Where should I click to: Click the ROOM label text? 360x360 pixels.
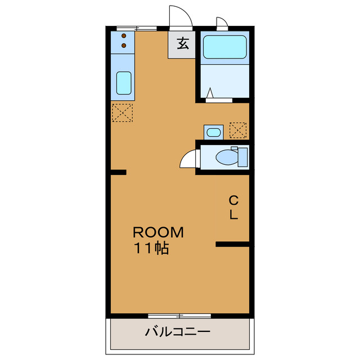coord(158,232)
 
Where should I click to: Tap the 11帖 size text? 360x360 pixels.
coord(151,249)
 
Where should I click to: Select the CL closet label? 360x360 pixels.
coord(233,206)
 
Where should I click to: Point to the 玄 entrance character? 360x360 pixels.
coord(183,43)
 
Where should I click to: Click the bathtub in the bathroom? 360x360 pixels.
coord(224,47)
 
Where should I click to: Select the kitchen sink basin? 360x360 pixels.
coord(124,83)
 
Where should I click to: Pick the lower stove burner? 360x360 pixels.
coord(124,45)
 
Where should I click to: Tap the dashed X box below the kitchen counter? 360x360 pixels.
coord(122,113)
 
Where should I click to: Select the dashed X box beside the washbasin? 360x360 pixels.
coord(238,130)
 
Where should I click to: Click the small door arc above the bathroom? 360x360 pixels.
coord(222,23)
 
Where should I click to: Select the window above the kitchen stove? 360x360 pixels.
coord(137,28)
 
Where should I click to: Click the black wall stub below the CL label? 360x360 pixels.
coord(233,244)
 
